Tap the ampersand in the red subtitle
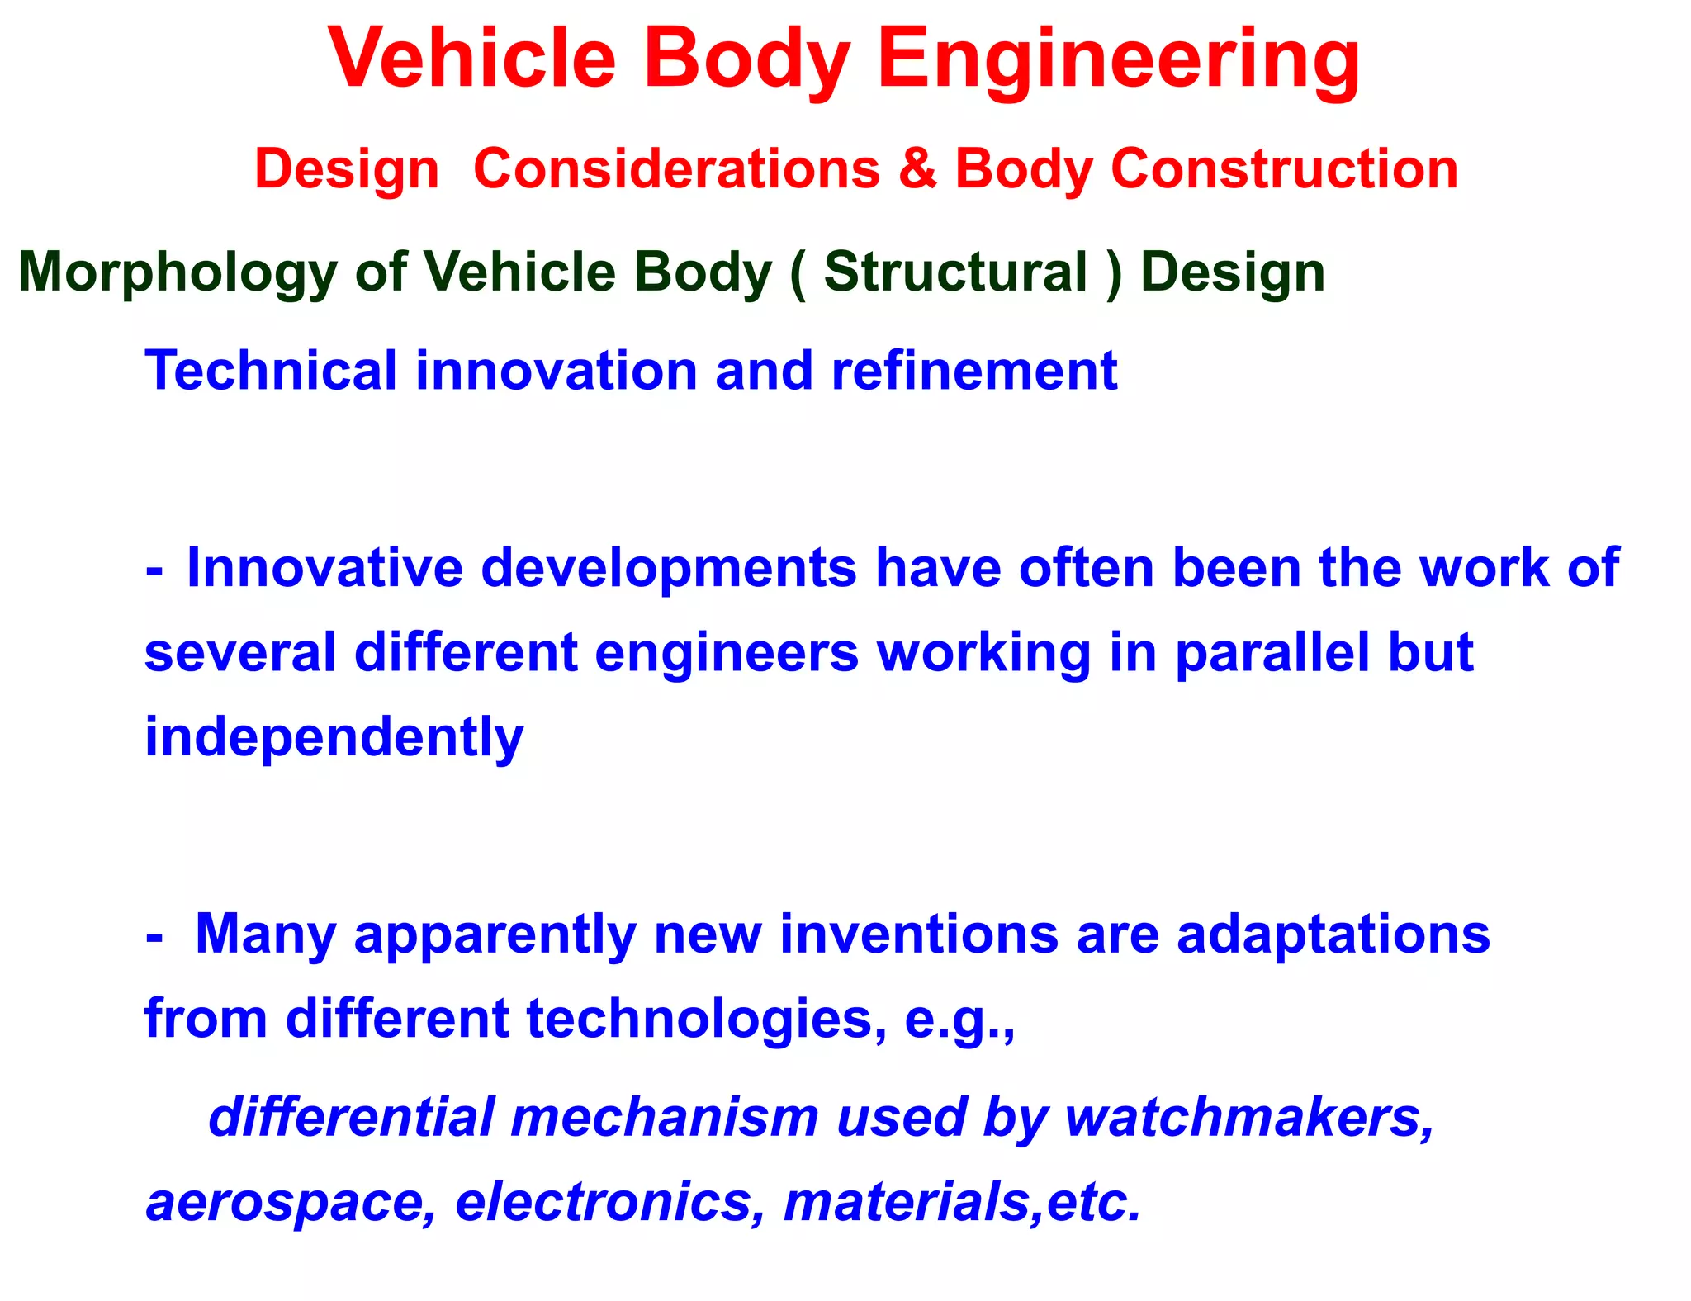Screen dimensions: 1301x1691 pyautogui.click(x=917, y=168)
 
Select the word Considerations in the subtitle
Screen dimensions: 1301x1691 pyautogui.click(x=677, y=168)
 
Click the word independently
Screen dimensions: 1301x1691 pyautogui.click(x=334, y=738)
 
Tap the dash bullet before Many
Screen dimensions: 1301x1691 pyautogui.click(x=154, y=938)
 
